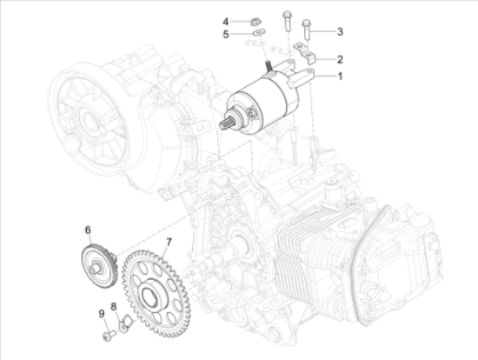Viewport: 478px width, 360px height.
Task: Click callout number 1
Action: point(341,77)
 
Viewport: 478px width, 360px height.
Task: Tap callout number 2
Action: point(341,59)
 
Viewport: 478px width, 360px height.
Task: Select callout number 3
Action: point(341,31)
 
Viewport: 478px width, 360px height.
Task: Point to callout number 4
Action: point(223,21)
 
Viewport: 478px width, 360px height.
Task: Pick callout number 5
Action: point(223,35)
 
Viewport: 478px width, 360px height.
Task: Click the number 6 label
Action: point(88,230)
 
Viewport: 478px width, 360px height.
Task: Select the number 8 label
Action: point(113,308)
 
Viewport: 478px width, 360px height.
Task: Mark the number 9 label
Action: point(100,314)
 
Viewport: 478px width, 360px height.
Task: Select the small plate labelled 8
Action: point(123,326)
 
